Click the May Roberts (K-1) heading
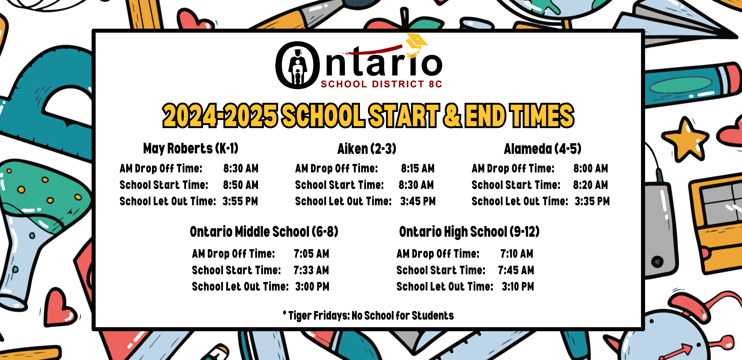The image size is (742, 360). (x=191, y=149)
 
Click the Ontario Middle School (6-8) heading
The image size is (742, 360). (x=264, y=232)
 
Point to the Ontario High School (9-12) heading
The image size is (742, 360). (x=469, y=232)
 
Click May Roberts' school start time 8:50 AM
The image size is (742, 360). (x=241, y=185)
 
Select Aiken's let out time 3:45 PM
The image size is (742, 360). (x=418, y=201)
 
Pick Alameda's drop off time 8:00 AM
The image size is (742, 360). (x=590, y=168)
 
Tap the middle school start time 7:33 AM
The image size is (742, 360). (x=311, y=270)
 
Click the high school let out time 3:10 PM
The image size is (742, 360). (x=518, y=287)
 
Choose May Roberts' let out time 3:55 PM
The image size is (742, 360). (x=240, y=201)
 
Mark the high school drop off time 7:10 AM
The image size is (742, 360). (x=517, y=254)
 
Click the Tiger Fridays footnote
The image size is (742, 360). (x=368, y=316)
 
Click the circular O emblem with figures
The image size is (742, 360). (x=298, y=65)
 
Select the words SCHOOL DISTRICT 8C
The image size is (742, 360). (x=381, y=84)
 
